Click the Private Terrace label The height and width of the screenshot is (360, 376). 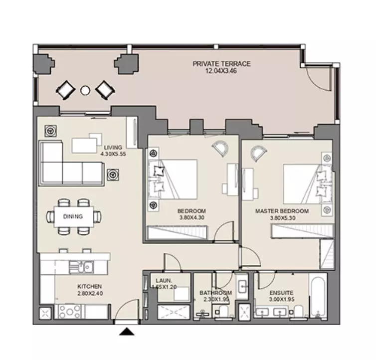click(x=221, y=64)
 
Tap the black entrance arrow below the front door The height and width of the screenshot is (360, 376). click(x=127, y=332)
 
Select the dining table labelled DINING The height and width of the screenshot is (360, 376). click(x=74, y=216)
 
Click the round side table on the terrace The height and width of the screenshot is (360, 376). click(x=85, y=90)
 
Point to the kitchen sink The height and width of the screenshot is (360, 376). click(x=81, y=267)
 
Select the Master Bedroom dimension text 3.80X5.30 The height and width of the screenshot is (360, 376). click(x=282, y=218)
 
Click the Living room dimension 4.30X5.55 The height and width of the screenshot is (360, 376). click(x=113, y=154)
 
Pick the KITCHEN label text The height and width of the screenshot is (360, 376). click(x=89, y=286)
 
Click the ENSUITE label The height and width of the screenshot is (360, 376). click(x=281, y=293)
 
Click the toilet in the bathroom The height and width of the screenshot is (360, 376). click(x=223, y=311)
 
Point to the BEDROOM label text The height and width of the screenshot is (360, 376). click(x=191, y=211)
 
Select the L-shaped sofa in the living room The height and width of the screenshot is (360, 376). click(x=71, y=163)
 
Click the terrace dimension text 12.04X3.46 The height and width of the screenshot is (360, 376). click(x=221, y=71)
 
